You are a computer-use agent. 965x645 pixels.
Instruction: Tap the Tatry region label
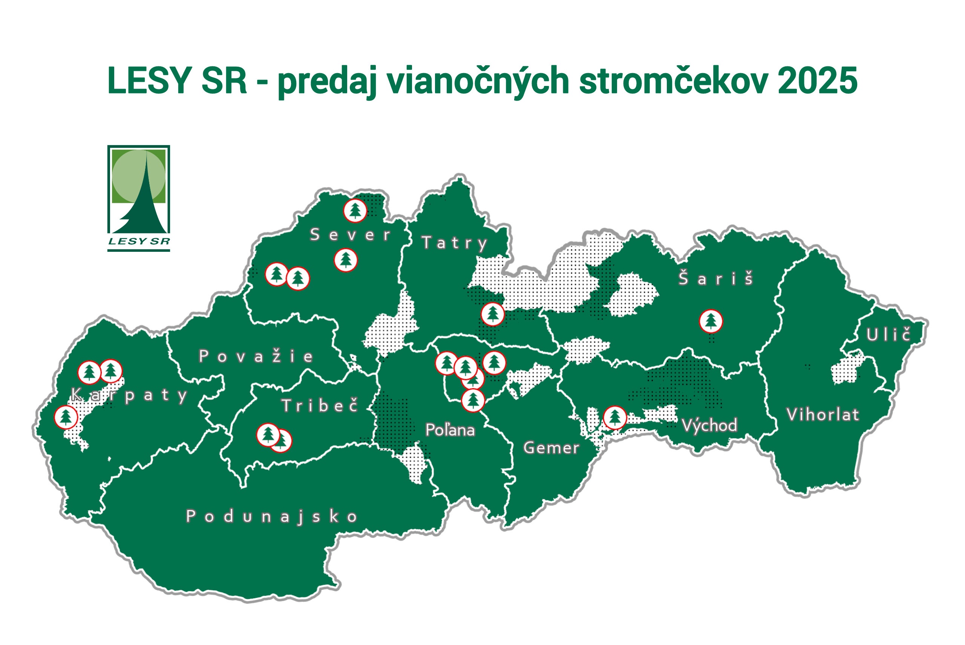click(455, 243)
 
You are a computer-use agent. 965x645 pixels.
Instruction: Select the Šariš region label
click(716, 279)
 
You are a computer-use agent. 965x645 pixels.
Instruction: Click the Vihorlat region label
click(823, 415)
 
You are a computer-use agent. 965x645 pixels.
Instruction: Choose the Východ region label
click(709, 425)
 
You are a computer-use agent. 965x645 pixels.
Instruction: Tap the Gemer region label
click(551, 447)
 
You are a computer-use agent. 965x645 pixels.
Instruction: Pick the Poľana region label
click(450, 430)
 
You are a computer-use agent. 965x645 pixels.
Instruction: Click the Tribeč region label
click(320, 406)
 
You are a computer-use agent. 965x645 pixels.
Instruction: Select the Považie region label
click(256, 356)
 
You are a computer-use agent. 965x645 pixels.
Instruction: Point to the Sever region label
click(350, 235)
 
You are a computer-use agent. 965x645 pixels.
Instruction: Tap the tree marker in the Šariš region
click(711, 321)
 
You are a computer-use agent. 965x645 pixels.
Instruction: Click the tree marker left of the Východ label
click(614, 418)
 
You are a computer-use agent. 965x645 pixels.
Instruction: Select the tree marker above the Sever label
click(355, 211)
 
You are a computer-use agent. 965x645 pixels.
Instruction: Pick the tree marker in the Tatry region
click(492, 314)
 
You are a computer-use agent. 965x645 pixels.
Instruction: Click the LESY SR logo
click(139, 198)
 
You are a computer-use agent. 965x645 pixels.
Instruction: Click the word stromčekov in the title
click(673, 80)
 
